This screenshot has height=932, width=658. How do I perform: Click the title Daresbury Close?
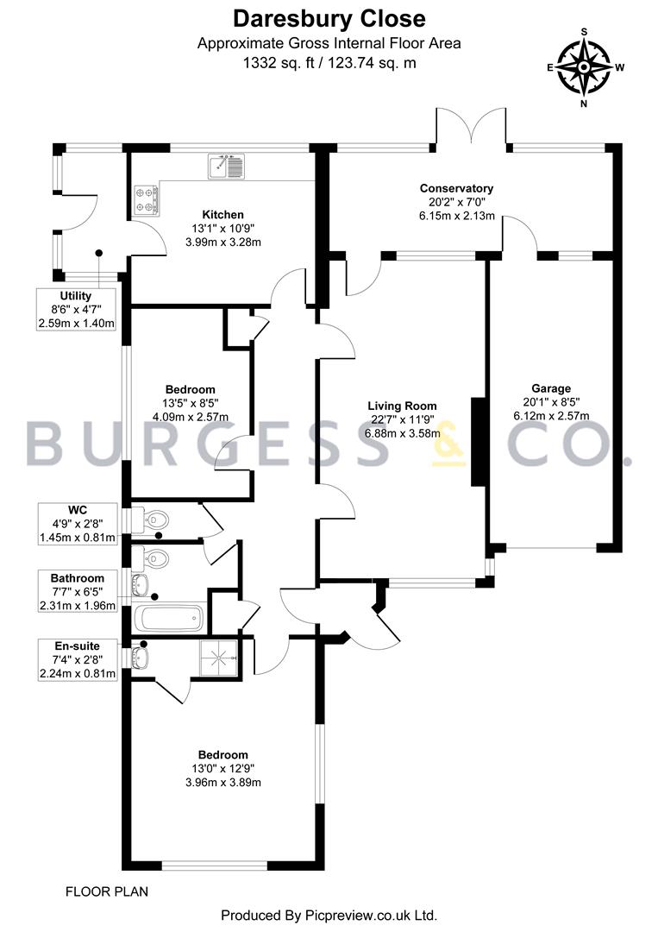click(x=329, y=19)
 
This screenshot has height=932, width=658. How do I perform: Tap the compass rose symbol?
click(x=585, y=67)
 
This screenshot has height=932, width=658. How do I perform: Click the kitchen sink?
click(x=226, y=166)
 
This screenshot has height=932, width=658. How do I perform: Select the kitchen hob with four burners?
click(x=147, y=199)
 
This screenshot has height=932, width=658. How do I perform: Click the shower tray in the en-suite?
click(x=218, y=658)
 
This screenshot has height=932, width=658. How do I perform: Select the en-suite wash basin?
click(x=141, y=657)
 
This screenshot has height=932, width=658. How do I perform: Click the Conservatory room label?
click(x=457, y=188)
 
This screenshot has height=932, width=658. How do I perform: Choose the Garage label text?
click(x=551, y=388)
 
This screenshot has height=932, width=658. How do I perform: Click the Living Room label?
click(x=402, y=406)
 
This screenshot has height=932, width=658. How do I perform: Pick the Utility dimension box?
click(x=76, y=309)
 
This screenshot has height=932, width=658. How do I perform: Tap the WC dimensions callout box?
click(x=78, y=524)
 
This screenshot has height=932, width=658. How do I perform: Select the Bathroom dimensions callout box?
click(x=78, y=591)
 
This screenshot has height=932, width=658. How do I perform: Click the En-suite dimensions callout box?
click(x=78, y=660)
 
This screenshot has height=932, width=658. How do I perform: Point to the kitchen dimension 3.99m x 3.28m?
click(x=223, y=242)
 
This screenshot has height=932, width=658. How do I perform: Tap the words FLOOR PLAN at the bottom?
click(x=107, y=891)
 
